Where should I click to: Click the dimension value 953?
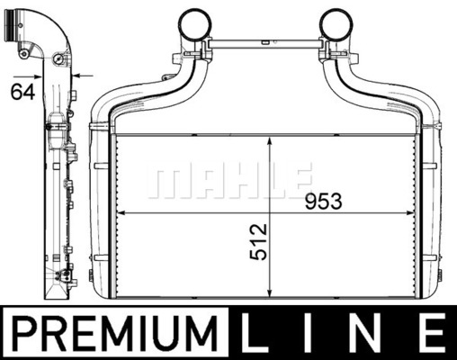(323, 202)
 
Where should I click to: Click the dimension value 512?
(258, 241)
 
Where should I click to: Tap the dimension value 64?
(22, 92)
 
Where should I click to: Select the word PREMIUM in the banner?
(115, 333)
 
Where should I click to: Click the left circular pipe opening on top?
(194, 24)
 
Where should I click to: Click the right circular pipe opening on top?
(336, 24)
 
